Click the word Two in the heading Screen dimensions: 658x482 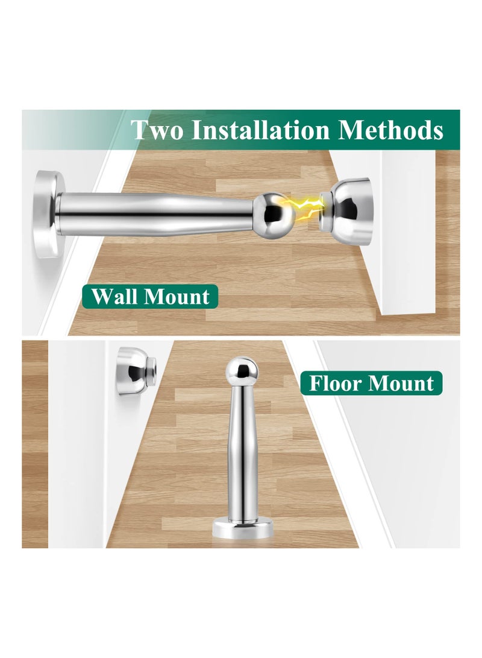tap(157, 130)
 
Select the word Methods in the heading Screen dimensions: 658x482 tap(390, 130)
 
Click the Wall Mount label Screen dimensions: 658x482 tap(150, 296)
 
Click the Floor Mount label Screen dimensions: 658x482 tap(371, 383)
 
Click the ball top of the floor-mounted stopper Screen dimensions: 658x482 tap(239, 369)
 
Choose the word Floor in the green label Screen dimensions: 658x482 tap(338, 383)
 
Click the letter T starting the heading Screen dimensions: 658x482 tap(140, 130)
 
